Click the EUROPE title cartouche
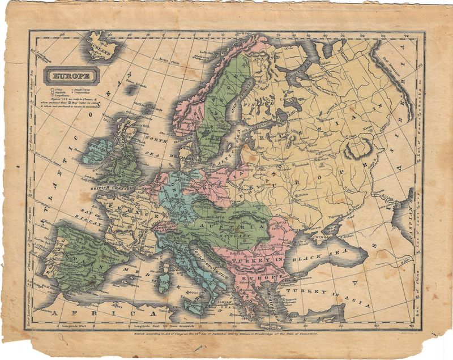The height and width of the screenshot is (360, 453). (x=71, y=75)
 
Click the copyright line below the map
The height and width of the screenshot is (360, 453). (x=226, y=334)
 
